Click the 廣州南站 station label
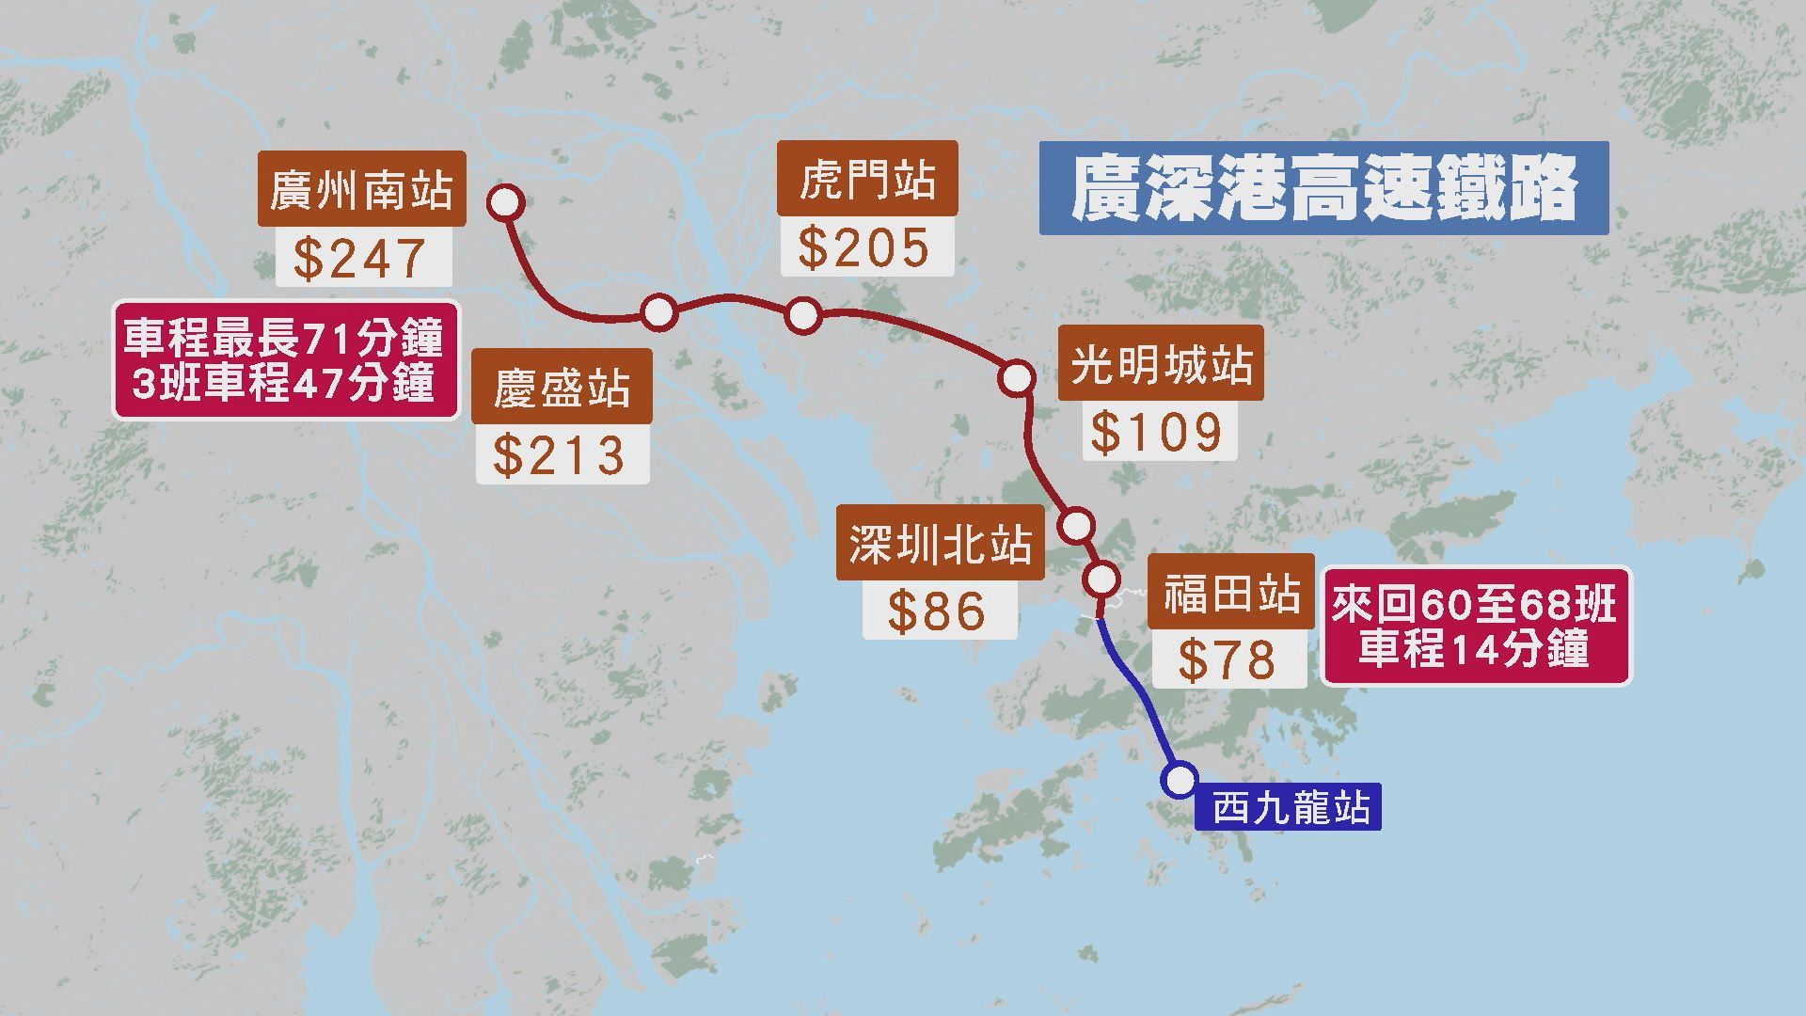point(362,188)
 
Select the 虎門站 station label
point(866,179)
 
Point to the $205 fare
point(866,247)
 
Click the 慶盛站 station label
point(562,387)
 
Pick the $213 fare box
point(562,455)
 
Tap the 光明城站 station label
point(1161,363)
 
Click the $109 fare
point(1159,432)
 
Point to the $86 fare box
point(940,611)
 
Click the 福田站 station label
point(1230,592)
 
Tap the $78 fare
point(1228,659)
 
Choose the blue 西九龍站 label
point(1289,808)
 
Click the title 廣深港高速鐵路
point(1323,188)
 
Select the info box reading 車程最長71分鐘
point(285,359)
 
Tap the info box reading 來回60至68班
point(1476,626)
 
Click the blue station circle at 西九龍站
point(1180,780)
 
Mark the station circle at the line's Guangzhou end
point(506,202)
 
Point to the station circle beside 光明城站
point(1016,377)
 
